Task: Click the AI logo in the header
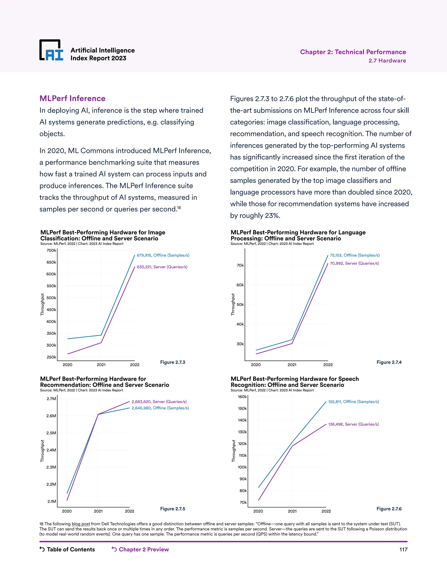[x=51, y=50]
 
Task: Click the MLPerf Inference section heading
[x=72, y=98]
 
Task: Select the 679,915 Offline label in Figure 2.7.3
[x=163, y=255]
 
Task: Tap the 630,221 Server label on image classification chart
[x=162, y=267]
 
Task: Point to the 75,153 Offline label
[x=355, y=255]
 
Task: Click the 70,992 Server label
[x=354, y=263]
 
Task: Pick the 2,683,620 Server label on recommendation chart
[x=159, y=402]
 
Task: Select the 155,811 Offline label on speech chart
[x=354, y=402]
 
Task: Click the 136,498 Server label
[x=354, y=424]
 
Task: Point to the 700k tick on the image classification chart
[x=51, y=250]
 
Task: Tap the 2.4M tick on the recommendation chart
[x=51, y=450]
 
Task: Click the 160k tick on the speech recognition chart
[x=242, y=397]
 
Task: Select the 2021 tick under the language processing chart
[x=292, y=365]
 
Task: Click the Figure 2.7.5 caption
[x=173, y=509]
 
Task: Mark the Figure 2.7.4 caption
[x=389, y=362]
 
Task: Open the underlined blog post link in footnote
[x=81, y=524]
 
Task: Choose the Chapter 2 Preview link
[x=140, y=549]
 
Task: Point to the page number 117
[x=403, y=550]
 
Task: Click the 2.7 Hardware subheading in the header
[x=387, y=61]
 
